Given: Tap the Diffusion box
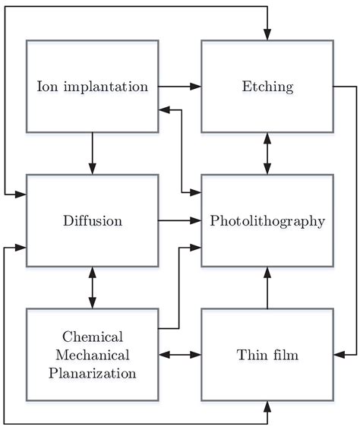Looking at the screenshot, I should click(92, 221).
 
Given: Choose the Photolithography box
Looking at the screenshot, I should click(267, 221).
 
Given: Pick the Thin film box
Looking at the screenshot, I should click(267, 355).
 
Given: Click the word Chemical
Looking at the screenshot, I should click(93, 337).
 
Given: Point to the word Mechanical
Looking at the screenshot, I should click(93, 355).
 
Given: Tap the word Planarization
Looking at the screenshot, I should click(93, 373).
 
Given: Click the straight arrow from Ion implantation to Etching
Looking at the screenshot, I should click(179, 86).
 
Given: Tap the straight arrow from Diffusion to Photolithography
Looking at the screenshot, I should click(179, 221).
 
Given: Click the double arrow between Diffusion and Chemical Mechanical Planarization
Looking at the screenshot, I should click(92, 287).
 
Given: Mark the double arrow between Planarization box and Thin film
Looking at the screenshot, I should click(179, 355).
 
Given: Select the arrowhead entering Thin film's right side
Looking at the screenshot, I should click(339, 355).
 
